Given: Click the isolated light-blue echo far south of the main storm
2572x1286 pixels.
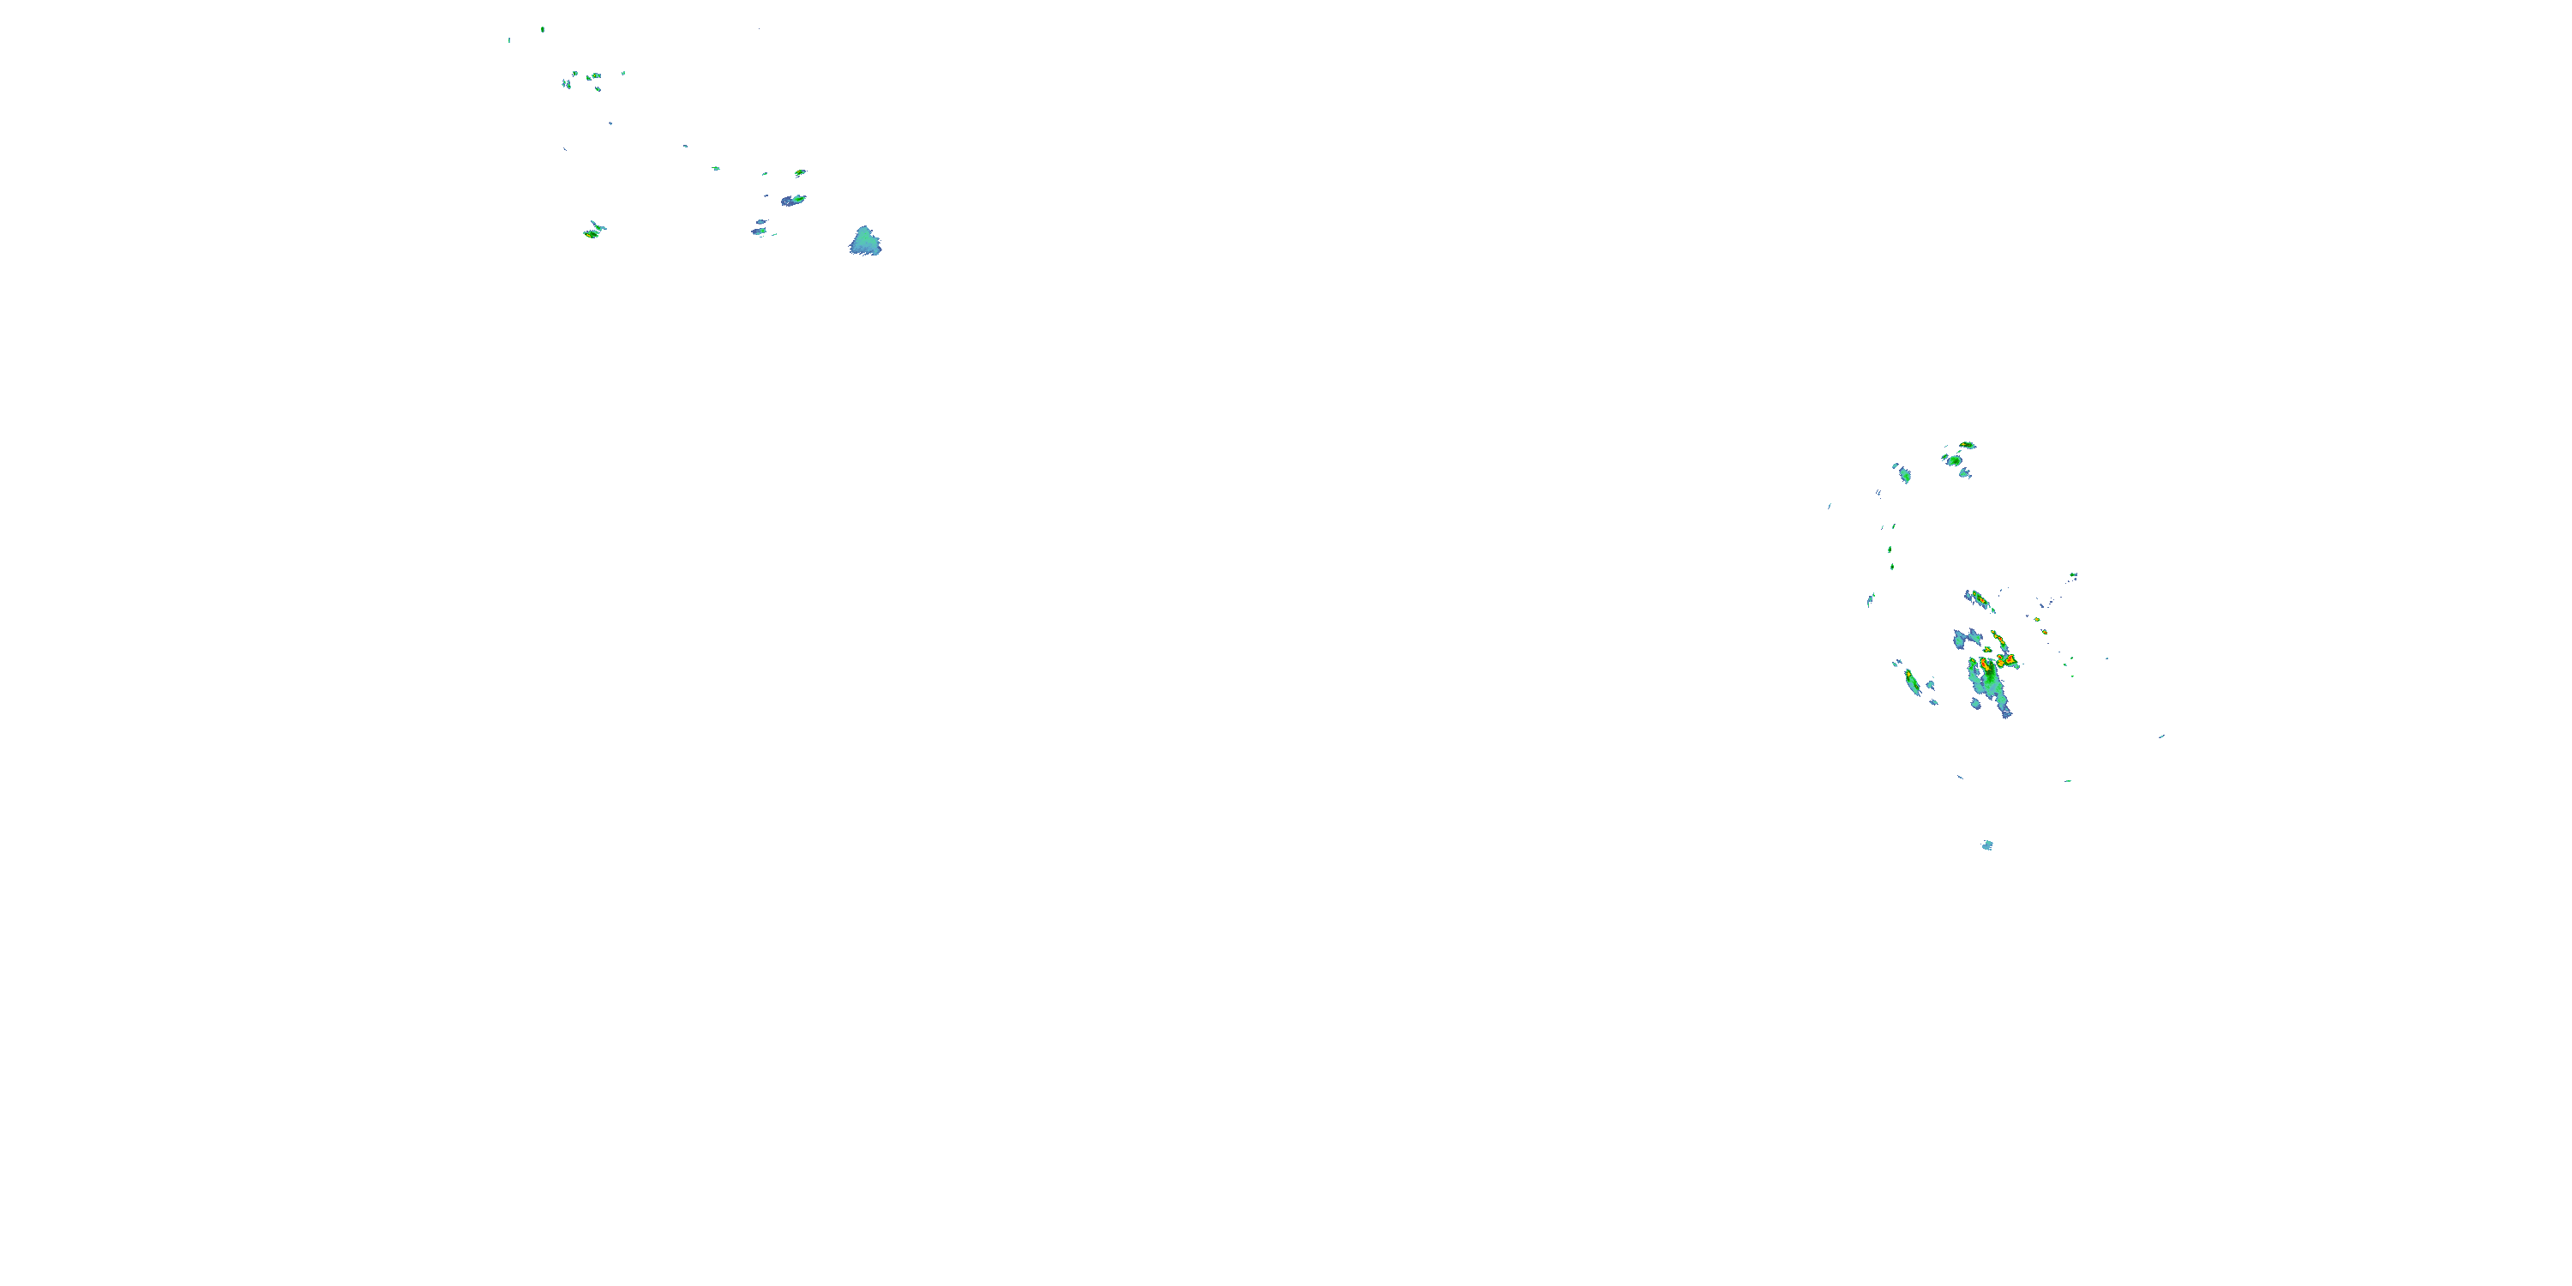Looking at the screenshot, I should click(x=1987, y=845).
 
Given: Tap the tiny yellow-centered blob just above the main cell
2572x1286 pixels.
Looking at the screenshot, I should click(x=1987, y=650).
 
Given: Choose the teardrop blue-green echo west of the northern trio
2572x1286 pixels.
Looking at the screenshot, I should click(x=1904, y=475).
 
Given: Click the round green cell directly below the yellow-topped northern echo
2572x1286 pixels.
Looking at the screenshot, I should click(x=1953, y=460).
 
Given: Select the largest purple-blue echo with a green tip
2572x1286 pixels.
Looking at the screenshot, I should click(x=793, y=201).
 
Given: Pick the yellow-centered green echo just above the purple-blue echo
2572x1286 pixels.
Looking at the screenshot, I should click(x=800, y=172).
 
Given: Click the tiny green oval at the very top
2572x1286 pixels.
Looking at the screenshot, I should click(x=542, y=29).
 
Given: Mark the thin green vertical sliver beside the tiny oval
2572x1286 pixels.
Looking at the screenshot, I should click(x=509, y=40).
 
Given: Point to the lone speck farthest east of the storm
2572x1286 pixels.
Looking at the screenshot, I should click(x=2161, y=736).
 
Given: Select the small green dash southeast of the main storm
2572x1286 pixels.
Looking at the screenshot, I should click(x=2068, y=781).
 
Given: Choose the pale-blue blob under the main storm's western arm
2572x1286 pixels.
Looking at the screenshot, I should click(x=1976, y=704).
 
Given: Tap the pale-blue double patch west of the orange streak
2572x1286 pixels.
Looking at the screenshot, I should click(x=1967, y=638).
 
